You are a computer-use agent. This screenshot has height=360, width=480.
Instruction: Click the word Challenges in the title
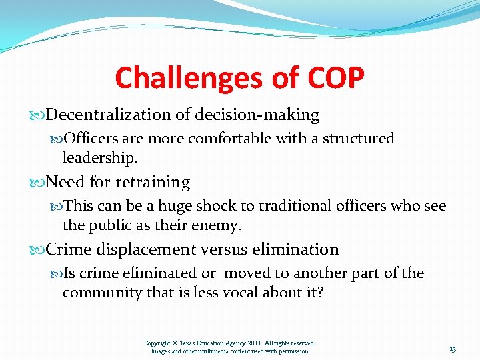pyautogui.click(x=186, y=79)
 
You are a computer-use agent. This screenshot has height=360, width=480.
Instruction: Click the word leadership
pyautogui.click(x=99, y=158)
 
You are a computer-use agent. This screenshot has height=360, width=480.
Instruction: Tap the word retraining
pyautogui.click(x=153, y=182)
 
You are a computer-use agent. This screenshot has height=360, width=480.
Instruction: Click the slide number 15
pyautogui.click(x=453, y=350)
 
